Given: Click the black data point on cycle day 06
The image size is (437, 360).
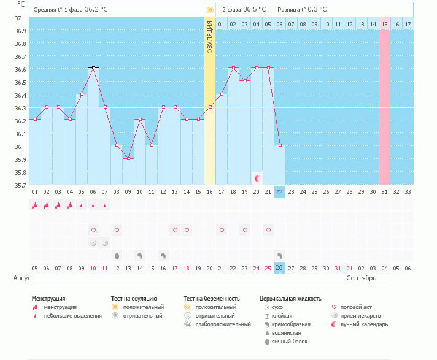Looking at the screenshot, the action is pos(93,67).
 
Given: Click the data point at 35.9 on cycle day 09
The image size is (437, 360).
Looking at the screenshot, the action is pos(128,158).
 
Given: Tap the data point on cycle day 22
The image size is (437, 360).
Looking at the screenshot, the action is pos(280,145).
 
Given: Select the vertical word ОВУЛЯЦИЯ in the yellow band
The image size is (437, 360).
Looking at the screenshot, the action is pos(210,37).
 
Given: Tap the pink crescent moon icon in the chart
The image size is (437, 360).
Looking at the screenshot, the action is pos(257,178).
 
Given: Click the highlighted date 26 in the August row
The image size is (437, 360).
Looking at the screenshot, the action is pos(279,268).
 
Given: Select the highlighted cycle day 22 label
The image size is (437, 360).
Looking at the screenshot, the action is pos(279,192).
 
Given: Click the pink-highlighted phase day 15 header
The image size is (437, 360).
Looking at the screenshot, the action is pos(385,24).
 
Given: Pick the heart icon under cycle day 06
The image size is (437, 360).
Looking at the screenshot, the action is pos(94,230).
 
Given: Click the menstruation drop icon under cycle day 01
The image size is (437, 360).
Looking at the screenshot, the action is pos(34,205).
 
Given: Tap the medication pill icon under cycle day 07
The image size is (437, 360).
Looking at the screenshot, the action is pos(105,243).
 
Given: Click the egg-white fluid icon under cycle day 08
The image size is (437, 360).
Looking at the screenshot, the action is pos(117,256).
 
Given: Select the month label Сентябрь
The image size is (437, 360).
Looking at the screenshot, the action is pos(361,278).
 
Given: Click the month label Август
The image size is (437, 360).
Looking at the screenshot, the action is pos(24,278).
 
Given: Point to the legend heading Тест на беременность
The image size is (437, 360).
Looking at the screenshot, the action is pos(212,299).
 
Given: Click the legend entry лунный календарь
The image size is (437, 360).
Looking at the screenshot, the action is pos(364,324).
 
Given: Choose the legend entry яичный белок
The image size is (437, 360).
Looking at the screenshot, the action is pos(290,342).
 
